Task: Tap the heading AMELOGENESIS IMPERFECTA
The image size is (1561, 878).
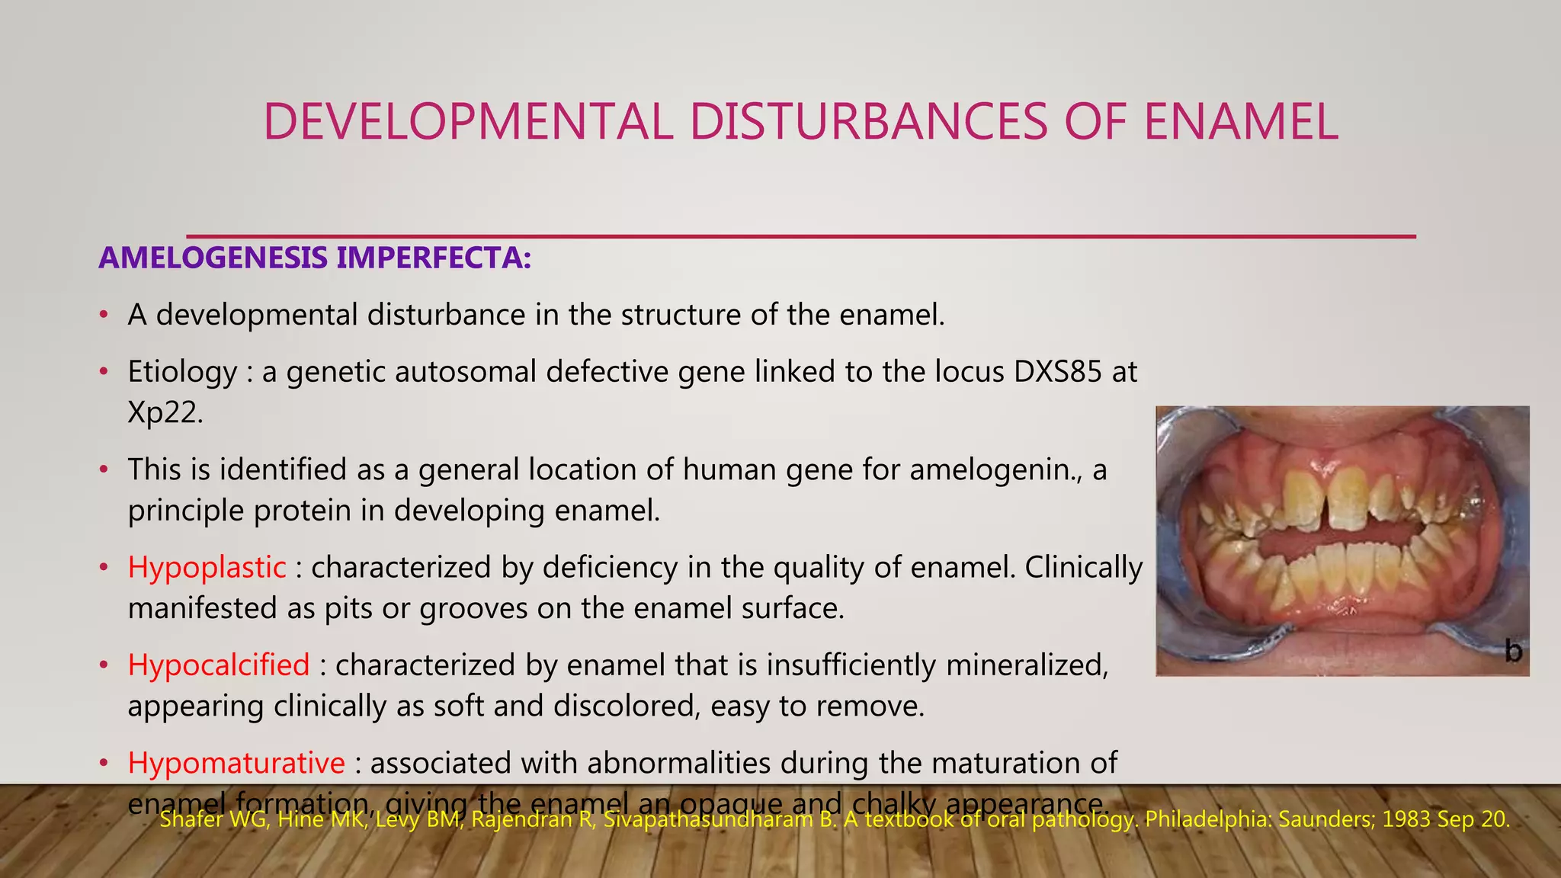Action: [x=315, y=258]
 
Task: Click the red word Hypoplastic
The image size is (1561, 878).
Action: [x=207, y=568]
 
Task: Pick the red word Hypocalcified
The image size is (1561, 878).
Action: [x=219, y=665]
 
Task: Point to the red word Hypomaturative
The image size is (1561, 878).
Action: [x=236, y=763]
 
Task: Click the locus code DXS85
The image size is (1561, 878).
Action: [x=1057, y=372]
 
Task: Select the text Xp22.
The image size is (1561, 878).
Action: [x=165, y=412]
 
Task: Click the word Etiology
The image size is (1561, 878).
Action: [x=182, y=372]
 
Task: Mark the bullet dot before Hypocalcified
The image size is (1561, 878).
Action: [x=104, y=666]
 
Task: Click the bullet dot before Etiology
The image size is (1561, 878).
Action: [x=104, y=373]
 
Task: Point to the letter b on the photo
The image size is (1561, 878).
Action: [x=1513, y=652]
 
